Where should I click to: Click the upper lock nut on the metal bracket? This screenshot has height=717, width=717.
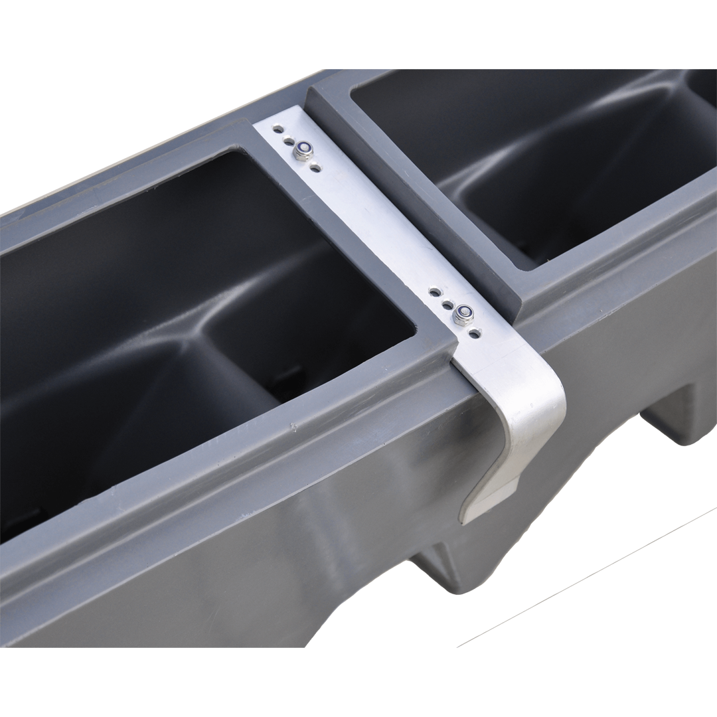[303, 150]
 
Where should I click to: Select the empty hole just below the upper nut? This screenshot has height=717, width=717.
[316, 167]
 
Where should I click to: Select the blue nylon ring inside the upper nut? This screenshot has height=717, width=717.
[303, 147]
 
